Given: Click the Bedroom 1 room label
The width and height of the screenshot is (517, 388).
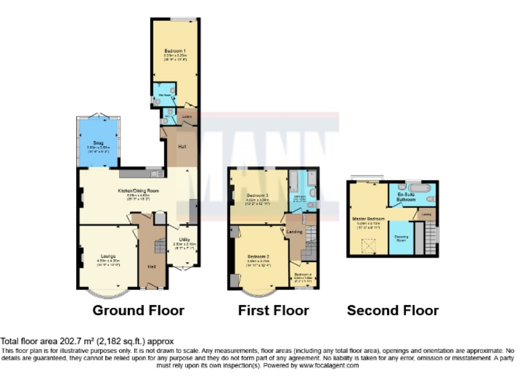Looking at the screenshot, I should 174,51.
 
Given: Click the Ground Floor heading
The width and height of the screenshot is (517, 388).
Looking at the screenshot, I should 138,311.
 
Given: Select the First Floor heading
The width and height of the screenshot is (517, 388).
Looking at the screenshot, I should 273,311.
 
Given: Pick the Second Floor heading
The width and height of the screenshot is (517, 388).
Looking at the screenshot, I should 392,311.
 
